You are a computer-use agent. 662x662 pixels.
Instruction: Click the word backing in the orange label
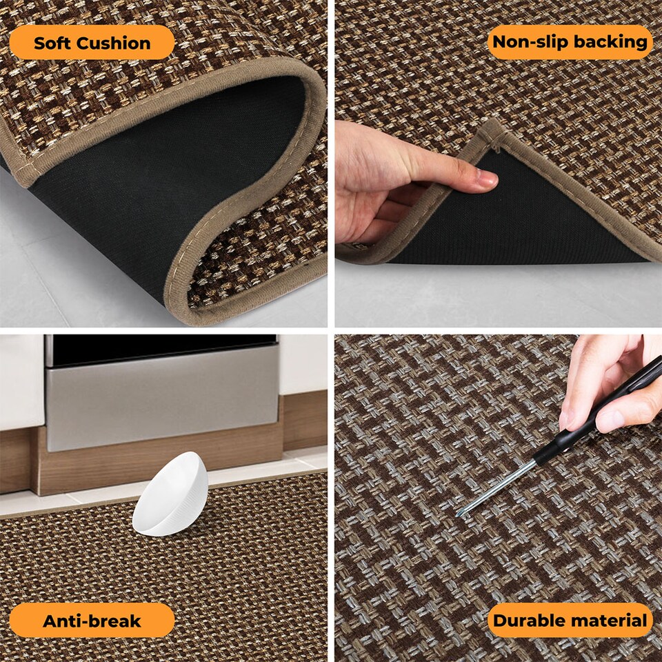(x=610, y=42)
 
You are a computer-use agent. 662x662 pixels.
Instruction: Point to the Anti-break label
(x=92, y=621)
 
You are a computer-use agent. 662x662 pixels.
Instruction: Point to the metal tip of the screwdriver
(x=459, y=513)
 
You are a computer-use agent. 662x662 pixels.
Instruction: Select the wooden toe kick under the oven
(x=159, y=462)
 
